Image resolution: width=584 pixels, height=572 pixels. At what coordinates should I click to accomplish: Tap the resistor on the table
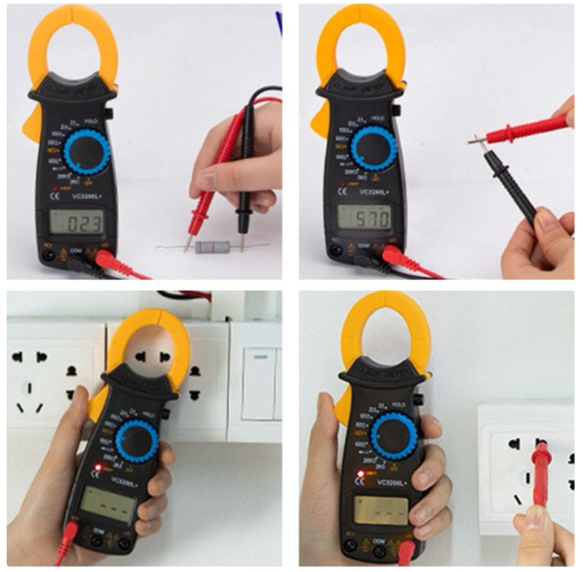(212, 247)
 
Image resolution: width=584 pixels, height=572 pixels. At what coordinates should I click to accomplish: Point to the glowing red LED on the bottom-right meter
(361, 474)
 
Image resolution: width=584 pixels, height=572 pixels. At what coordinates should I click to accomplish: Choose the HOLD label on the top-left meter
(91, 122)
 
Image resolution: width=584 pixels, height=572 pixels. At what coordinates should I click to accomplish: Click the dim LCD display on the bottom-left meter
(107, 506)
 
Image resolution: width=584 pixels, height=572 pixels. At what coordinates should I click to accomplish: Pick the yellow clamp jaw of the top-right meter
(361, 43)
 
